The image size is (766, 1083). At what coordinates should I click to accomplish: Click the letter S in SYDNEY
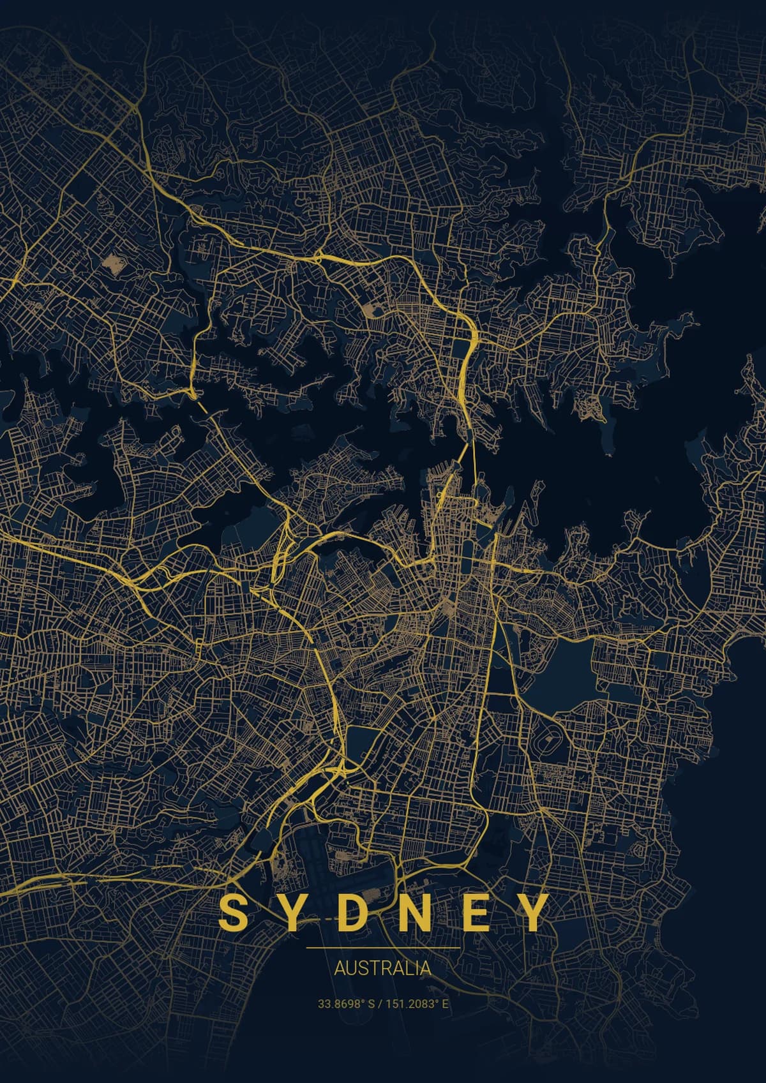click(x=234, y=913)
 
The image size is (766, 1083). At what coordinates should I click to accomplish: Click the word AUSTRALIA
click(x=382, y=968)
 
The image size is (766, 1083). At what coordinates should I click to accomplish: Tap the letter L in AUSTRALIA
click(x=411, y=968)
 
